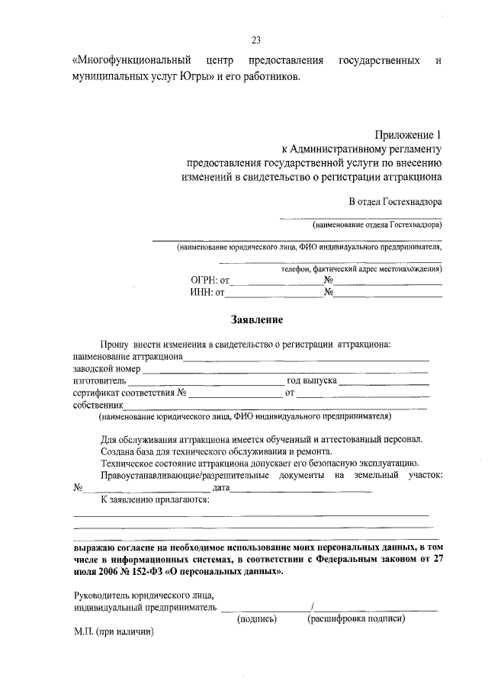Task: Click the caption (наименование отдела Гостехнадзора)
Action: [377, 226]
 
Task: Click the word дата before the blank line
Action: [222, 487]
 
